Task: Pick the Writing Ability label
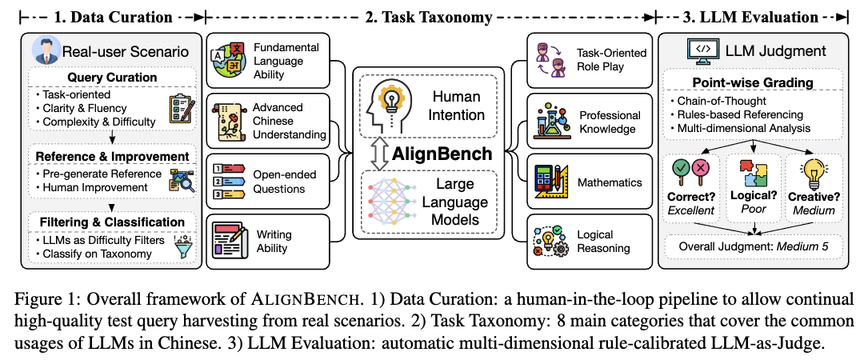coord(274,242)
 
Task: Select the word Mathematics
coord(610,182)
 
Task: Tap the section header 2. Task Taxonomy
coord(431,16)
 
